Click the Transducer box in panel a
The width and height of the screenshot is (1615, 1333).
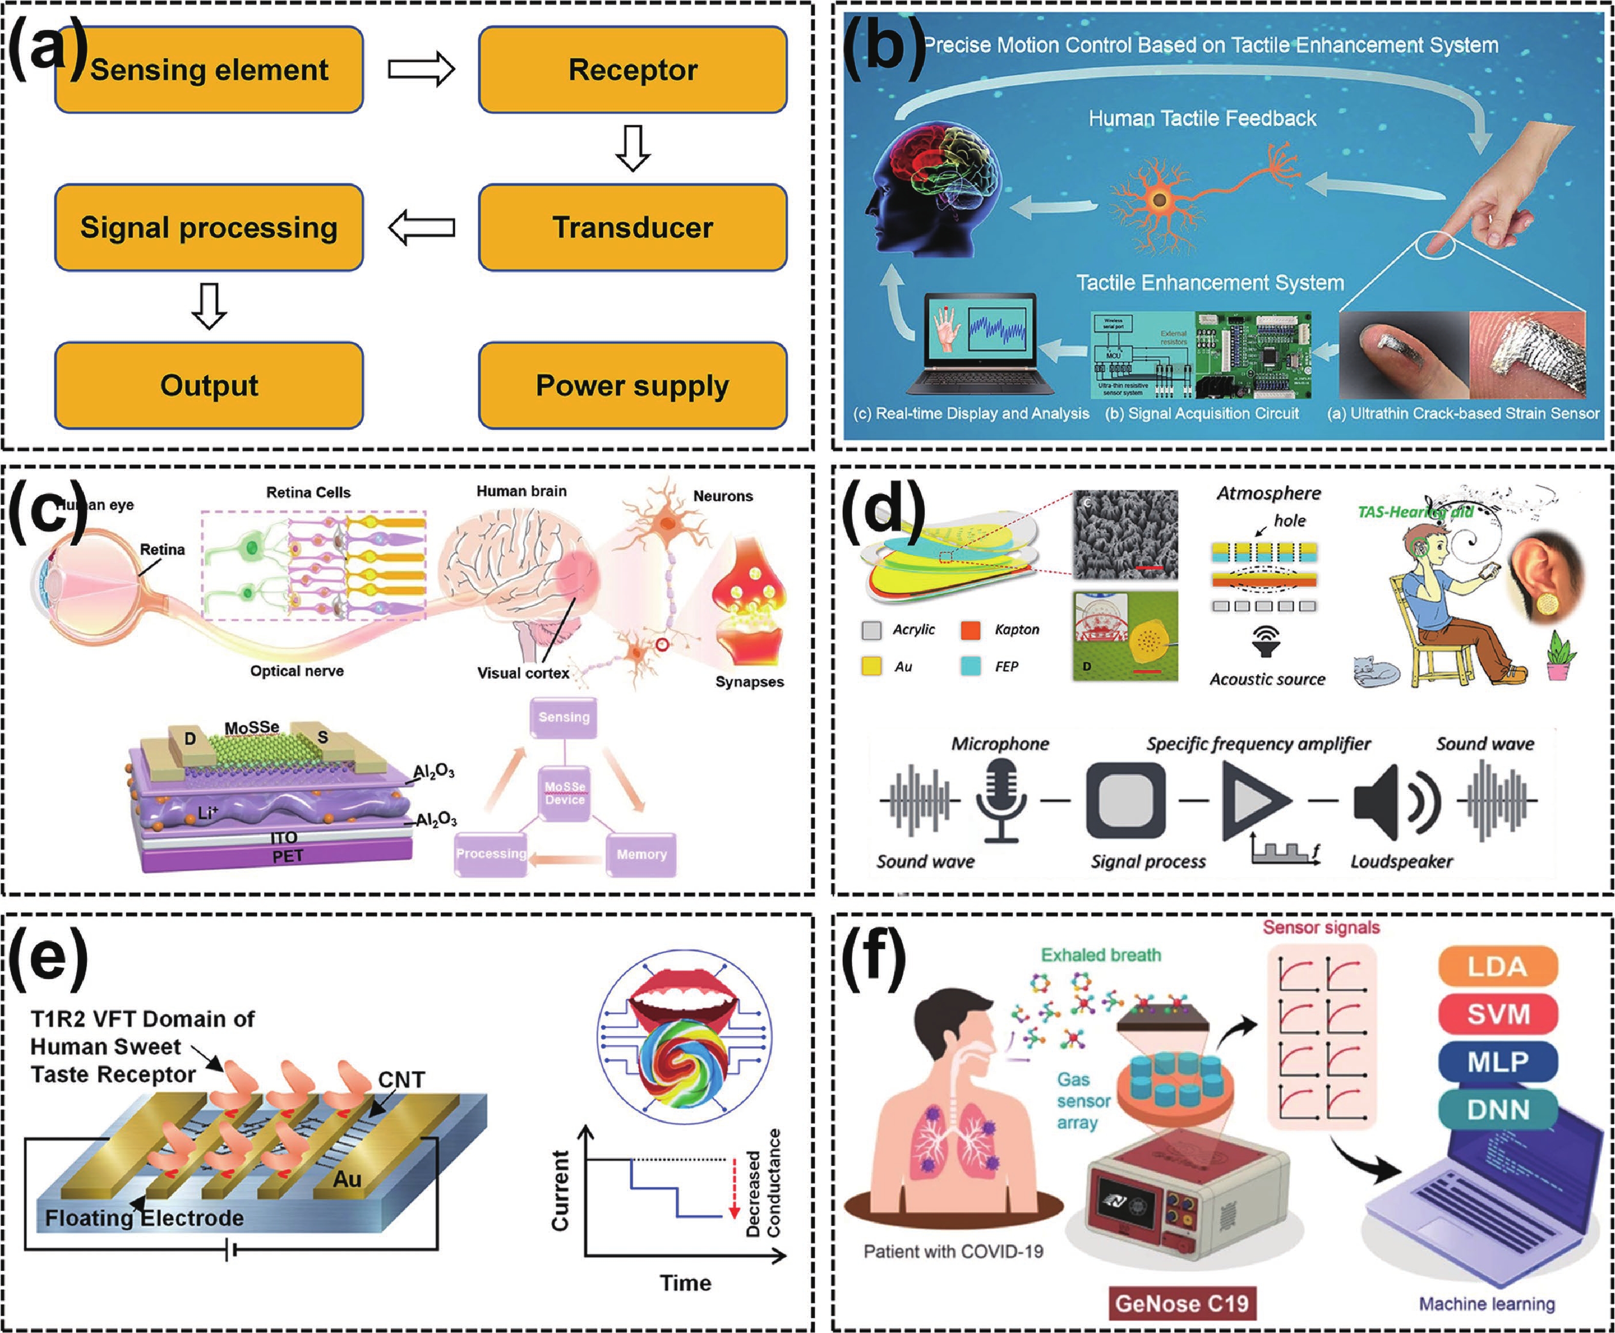tap(633, 227)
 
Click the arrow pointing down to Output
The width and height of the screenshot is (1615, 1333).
tap(209, 306)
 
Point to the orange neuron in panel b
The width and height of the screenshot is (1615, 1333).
tap(1159, 201)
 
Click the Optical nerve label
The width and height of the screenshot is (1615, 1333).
tap(297, 671)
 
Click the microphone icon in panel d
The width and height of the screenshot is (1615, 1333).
tap(1001, 799)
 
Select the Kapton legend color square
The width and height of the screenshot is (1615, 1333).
tap(971, 630)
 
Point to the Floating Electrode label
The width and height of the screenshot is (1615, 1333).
tap(144, 1218)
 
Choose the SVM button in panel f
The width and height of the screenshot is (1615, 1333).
tap(1498, 1014)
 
